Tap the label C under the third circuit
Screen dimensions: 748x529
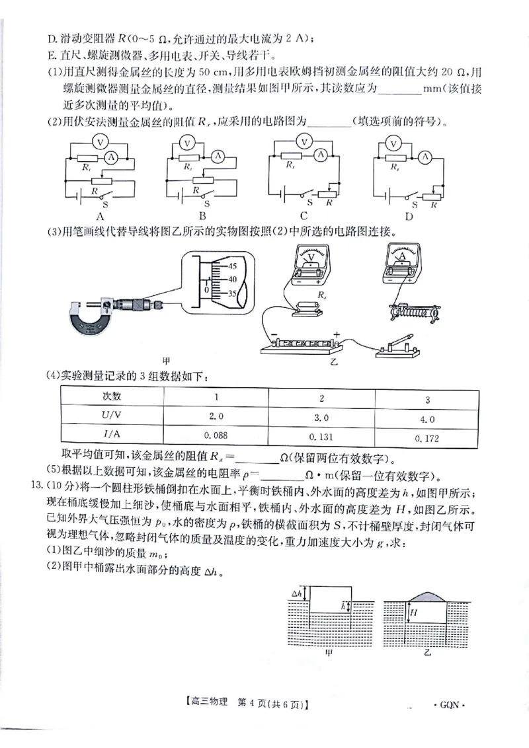coord(304,215)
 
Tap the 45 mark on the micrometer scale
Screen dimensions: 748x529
coord(232,266)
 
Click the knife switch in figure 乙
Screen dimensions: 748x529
coord(397,348)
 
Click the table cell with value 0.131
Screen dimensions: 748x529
coord(321,436)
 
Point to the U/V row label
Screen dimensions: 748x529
coord(112,416)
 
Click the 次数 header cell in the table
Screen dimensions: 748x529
coord(112,396)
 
